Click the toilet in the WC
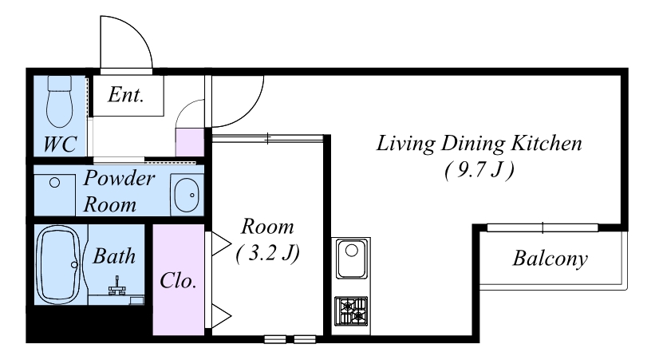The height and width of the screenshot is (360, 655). tap(59, 101)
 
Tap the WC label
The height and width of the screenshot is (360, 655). tap(60, 144)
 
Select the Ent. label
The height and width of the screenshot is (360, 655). tap(126, 94)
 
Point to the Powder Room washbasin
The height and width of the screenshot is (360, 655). tap(187, 196)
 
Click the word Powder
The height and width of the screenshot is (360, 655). tap(119, 179)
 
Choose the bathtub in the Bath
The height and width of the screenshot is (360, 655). tap(58, 265)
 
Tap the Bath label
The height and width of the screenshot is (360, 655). tap(114, 256)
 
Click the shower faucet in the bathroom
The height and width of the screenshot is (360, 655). tap(117, 287)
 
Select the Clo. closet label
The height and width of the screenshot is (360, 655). tap(178, 280)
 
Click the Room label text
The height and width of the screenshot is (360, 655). tap(267, 227)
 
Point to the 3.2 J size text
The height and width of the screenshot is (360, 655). tap(268, 253)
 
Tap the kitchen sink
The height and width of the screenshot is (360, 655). tap(352, 259)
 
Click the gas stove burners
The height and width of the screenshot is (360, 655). tap(351, 311)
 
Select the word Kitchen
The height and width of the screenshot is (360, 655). tap(546, 143)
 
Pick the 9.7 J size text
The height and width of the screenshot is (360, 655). tap(479, 170)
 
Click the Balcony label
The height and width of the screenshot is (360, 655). tap(550, 259)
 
